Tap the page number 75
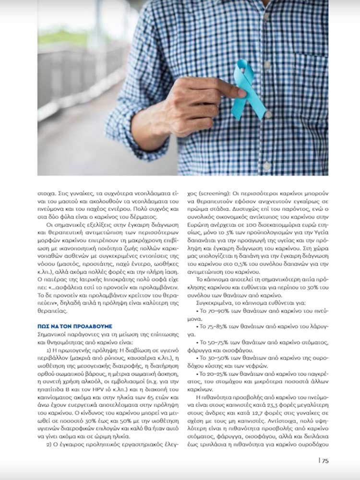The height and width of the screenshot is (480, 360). coord(325,461)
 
